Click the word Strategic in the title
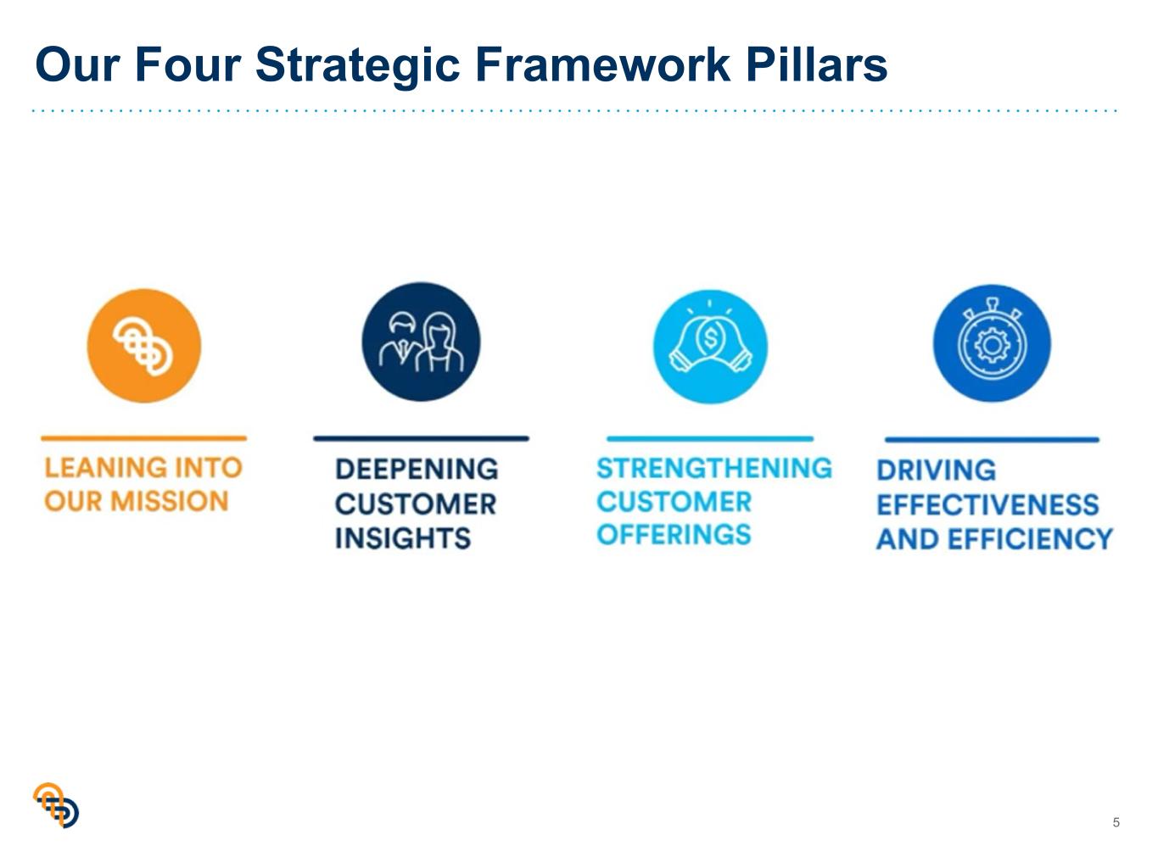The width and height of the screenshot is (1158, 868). (x=357, y=65)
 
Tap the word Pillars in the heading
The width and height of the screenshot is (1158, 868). (x=816, y=64)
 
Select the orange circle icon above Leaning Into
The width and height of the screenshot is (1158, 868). (x=144, y=345)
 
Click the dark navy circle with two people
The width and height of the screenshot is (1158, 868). (x=421, y=342)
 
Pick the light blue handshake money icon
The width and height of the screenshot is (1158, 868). (x=710, y=346)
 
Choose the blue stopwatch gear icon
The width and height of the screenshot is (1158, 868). (x=992, y=343)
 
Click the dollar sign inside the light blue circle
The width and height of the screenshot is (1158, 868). (x=711, y=338)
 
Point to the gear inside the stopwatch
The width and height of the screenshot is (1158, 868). (x=992, y=346)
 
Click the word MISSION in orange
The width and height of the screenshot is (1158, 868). (x=169, y=501)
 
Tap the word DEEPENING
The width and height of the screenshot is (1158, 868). (x=417, y=469)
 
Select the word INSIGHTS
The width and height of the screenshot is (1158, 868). (x=402, y=538)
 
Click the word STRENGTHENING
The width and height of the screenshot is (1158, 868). (x=714, y=468)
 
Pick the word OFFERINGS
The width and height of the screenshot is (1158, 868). (x=674, y=534)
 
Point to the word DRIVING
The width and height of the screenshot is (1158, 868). (x=936, y=470)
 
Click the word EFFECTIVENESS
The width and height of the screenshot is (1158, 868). (x=987, y=505)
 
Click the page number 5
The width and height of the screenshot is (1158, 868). (x=1116, y=822)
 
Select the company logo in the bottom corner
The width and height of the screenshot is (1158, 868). (x=56, y=804)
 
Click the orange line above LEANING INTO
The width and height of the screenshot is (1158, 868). (x=144, y=438)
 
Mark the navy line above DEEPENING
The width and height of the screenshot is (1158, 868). (x=421, y=438)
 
